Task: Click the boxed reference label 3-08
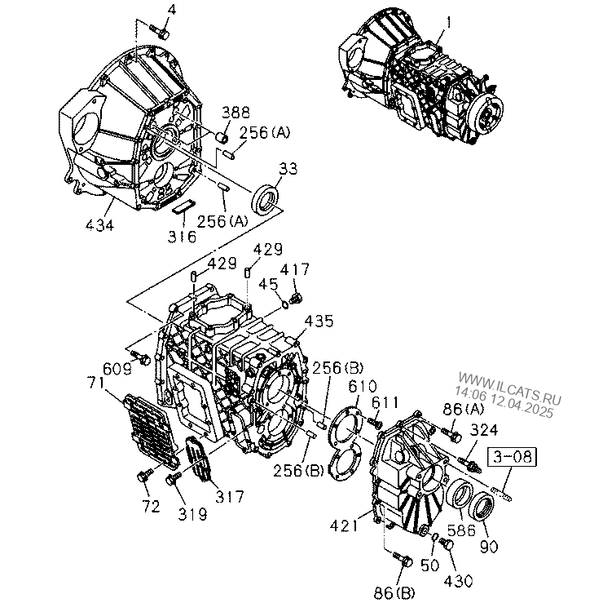[x=512, y=457]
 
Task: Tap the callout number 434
[x=99, y=225]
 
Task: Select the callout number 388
[x=235, y=113]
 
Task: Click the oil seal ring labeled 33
[x=265, y=199]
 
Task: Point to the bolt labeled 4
[x=160, y=31]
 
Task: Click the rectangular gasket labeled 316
[x=183, y=206]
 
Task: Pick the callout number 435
[x=319, y=321]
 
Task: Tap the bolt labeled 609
[x=141, y=357]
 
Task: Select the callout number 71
[x=95, y=383]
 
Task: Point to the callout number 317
[x=230, y=496]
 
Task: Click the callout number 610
[x=363, y=386]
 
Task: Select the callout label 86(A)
[x=464, y=409]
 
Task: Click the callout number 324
[x=484, y=430]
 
